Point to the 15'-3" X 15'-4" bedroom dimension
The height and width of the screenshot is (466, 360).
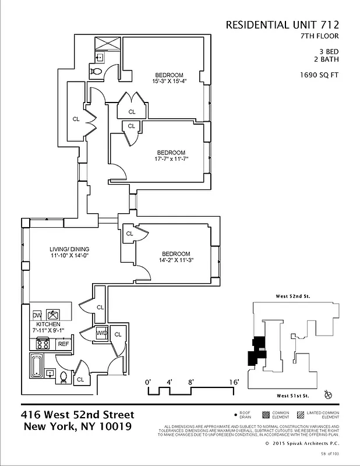click(170, 82)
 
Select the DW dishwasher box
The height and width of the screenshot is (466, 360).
click(37, 314)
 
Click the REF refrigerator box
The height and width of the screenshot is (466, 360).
click(63, 344)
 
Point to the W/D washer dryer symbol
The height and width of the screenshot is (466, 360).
click(101, 333)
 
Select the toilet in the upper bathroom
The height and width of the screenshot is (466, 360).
click(97, 72)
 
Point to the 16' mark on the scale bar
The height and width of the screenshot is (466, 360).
click(234, 382)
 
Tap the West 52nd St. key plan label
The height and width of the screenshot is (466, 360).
click(292, 296)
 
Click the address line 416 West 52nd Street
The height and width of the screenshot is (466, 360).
click(77, 415)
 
